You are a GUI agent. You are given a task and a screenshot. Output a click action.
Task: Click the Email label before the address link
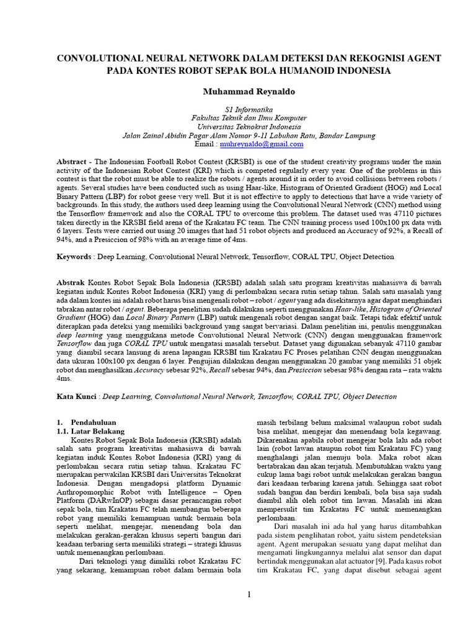[205, 144]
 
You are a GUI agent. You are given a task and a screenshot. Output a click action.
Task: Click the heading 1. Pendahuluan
[86, 422]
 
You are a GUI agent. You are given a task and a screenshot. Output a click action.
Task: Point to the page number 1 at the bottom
[249, 595]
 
